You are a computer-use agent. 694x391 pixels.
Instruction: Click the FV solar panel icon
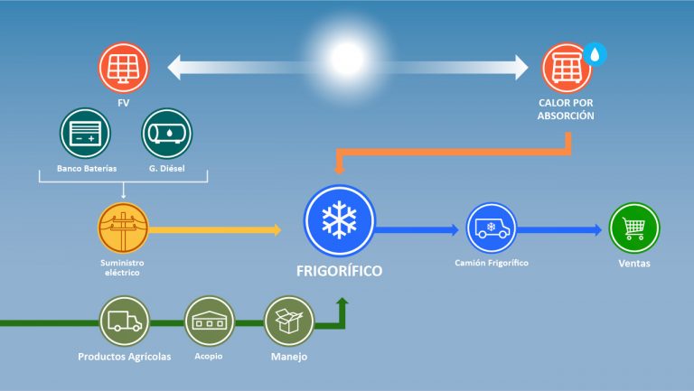[x=124, y=68]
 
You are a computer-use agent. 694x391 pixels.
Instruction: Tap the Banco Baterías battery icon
[x=86, y=134]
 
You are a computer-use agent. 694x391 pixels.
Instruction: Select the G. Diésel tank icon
[x=167, y=134]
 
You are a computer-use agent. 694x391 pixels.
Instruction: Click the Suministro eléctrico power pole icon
[x=123, y=228]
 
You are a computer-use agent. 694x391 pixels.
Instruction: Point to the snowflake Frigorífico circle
[x=339, y=220]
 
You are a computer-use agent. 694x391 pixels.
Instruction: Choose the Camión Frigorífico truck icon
[x=492, y=228]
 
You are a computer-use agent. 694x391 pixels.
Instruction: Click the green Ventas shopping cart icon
[x=634, y=228]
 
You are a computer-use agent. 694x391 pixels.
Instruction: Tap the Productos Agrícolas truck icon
[x=125, y=321]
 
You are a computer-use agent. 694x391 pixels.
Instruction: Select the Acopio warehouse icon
[x=210, y=321]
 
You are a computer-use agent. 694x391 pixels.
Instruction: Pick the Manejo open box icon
[x=289, y=321]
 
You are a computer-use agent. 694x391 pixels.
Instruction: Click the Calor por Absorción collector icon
[x=567, y=68]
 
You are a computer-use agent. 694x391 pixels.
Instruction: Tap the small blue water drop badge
[x=595, y=54]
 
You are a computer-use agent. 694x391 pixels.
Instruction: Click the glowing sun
[x=347, y=59]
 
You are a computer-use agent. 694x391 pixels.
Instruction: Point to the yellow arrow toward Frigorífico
[x=215, y=230]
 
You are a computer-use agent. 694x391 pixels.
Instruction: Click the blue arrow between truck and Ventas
[x=559, y=230]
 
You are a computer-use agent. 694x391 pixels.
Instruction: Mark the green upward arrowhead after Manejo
[x=342, y=303]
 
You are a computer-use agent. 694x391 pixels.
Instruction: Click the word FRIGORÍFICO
[x=339, y=271]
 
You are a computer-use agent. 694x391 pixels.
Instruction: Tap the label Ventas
[x=634, y=263]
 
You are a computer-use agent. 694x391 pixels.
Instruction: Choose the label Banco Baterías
[x=87, y=169]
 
